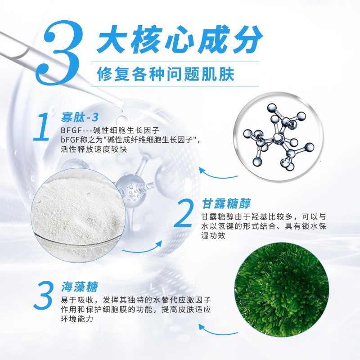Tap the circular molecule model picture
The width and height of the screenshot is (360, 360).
[277, 135]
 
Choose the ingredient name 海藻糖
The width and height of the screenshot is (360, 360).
[79, 287]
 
